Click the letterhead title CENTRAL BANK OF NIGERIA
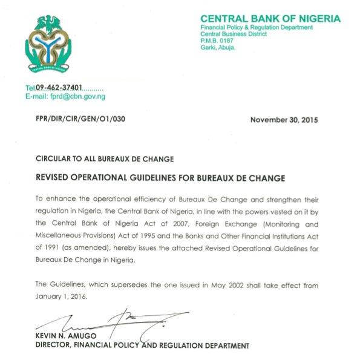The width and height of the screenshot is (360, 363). click(x=270, y=19)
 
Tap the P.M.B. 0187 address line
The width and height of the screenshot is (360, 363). click(x=217, y=41)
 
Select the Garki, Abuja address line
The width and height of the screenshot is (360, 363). click(x=218, y=48)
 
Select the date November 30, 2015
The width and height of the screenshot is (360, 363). click(x=284, y=120)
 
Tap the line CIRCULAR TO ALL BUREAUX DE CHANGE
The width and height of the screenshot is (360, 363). click(x=105, y=159)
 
